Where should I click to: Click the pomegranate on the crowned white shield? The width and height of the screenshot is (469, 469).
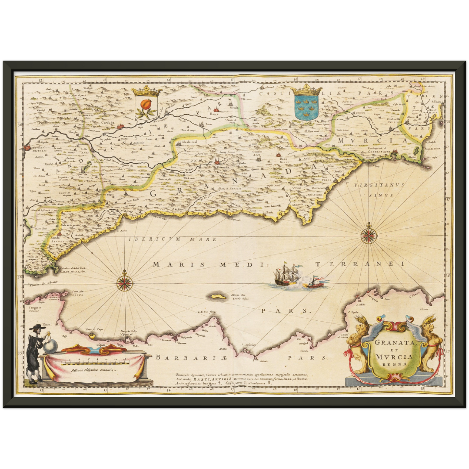(144, 105)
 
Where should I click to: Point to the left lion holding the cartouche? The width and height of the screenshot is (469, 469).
(357, 344)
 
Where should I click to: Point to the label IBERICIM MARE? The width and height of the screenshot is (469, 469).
(173, 239)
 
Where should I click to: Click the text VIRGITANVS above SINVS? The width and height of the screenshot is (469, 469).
(379, 185)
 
